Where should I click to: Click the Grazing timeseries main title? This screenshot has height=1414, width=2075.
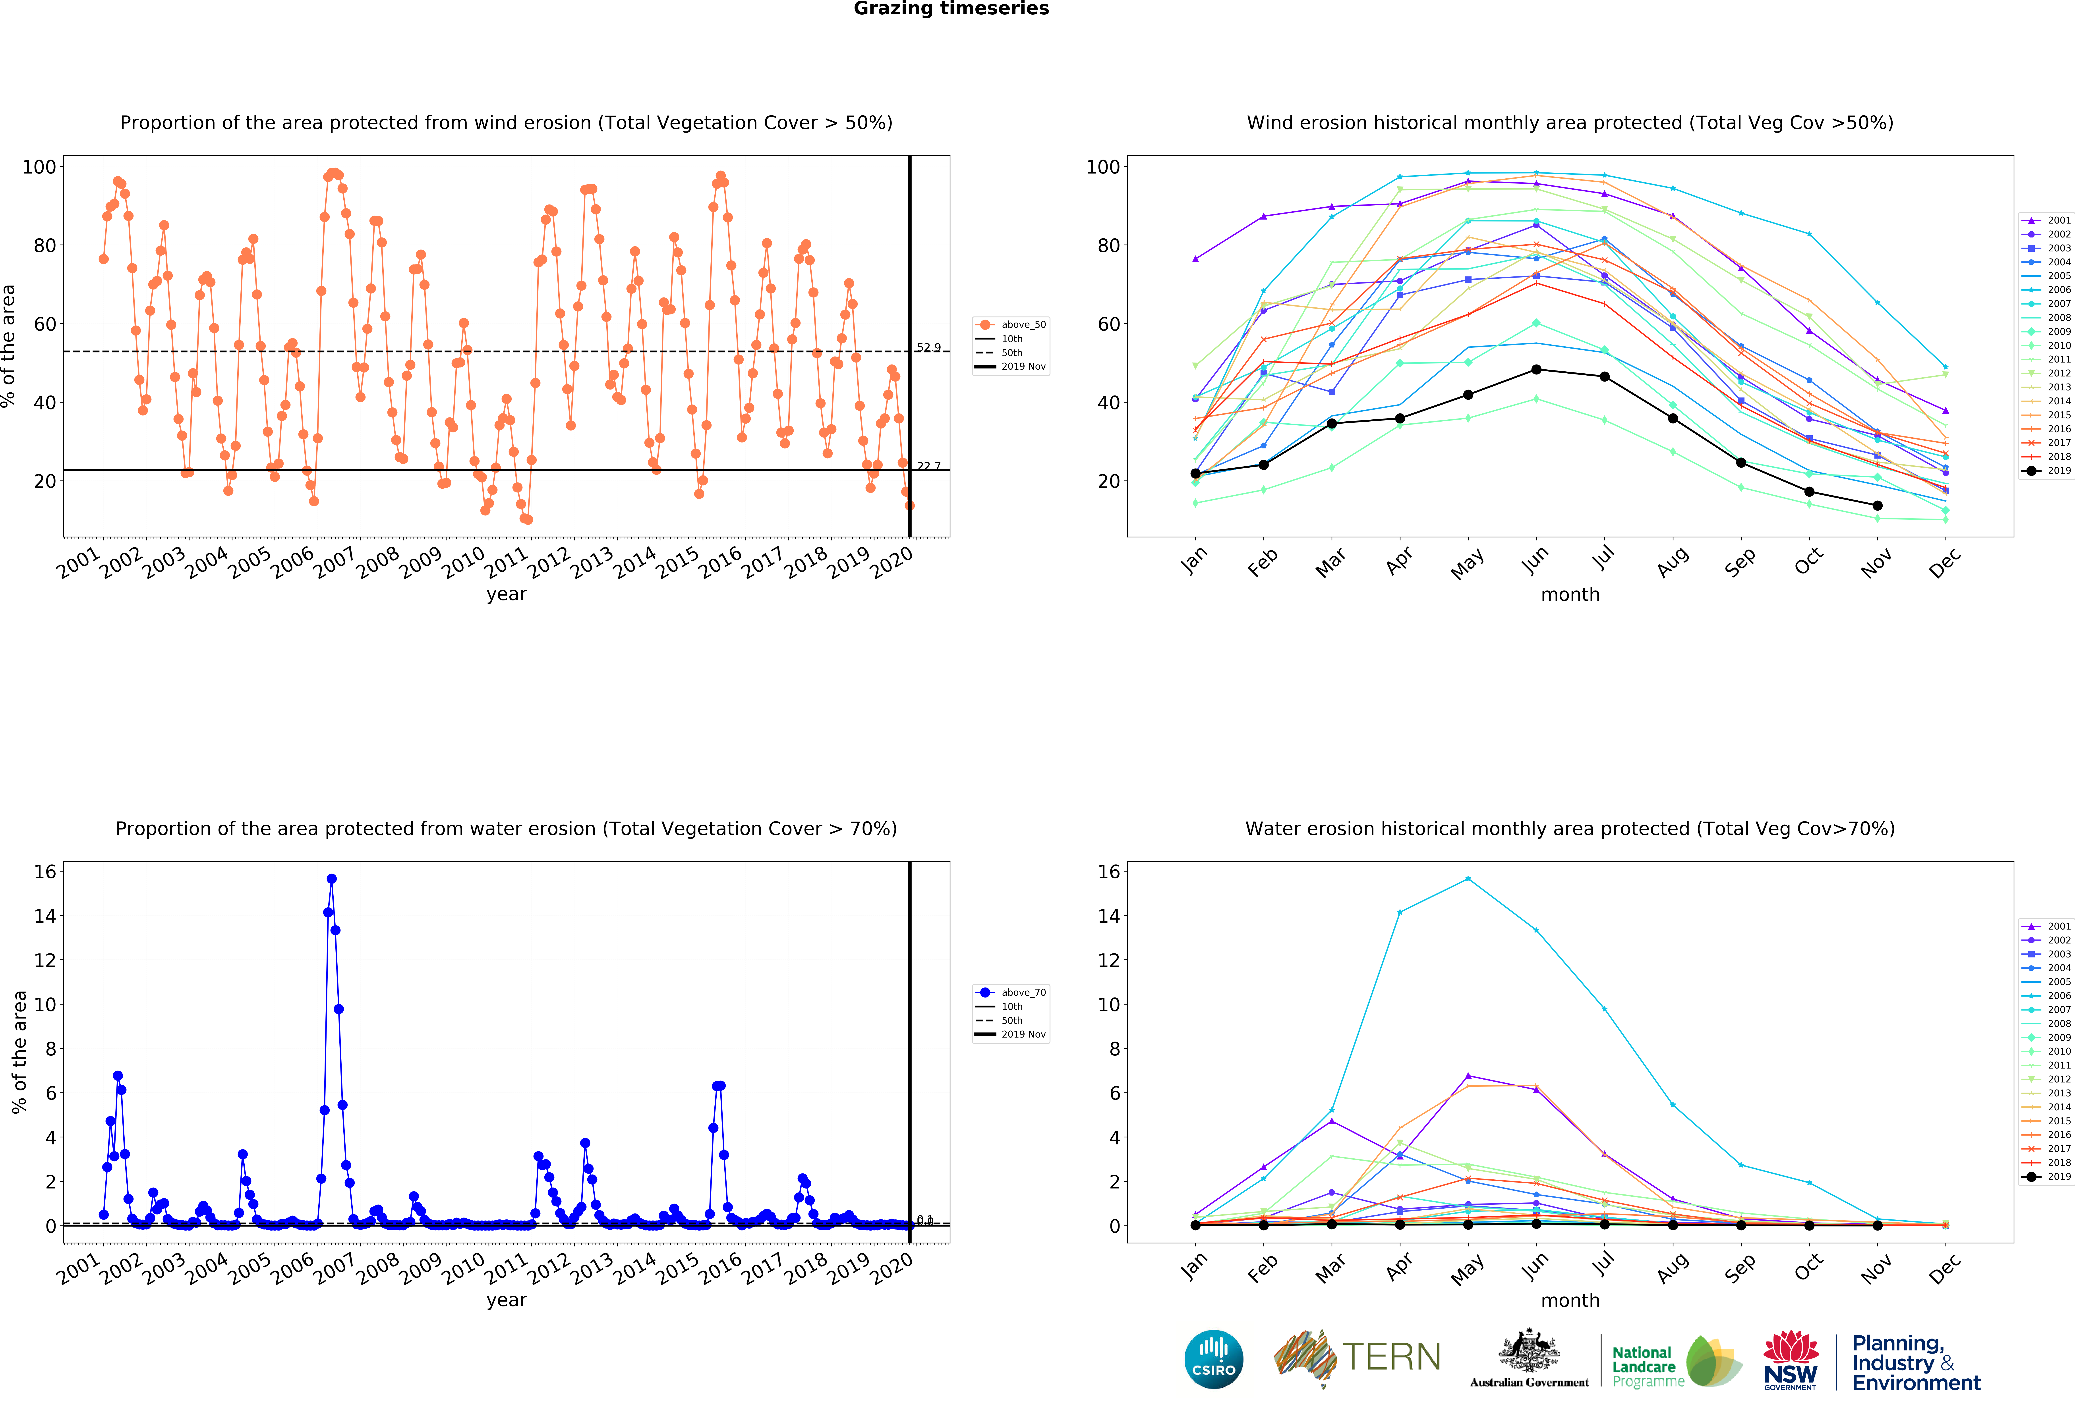(951, 9)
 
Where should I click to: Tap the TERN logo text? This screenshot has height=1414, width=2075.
(1391, 1357)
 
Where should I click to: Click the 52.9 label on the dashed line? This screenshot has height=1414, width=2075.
(928, 347)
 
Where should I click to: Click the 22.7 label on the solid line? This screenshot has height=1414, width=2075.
(928, 466)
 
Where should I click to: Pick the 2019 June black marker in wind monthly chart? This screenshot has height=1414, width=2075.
(1536, 370)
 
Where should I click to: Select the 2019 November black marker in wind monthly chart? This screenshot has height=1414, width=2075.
(1877, 505)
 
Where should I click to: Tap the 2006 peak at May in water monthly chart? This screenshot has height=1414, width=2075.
(1468, 879)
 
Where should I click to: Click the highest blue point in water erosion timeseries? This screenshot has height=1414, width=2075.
(331, 878)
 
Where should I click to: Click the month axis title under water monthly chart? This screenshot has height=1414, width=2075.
(1570, 1300)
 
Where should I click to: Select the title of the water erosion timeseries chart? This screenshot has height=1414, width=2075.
(506, 828)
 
